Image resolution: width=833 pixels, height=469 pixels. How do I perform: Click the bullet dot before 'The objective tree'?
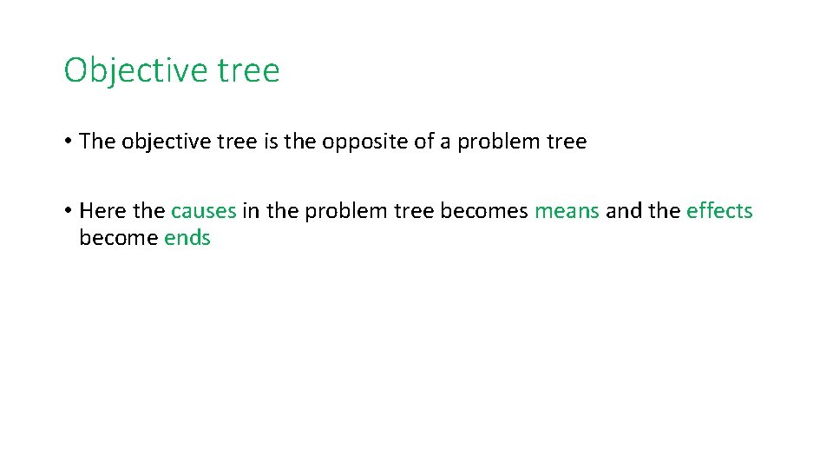67,142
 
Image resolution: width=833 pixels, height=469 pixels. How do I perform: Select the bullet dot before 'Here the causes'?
67,211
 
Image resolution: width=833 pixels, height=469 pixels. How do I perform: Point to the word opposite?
360,142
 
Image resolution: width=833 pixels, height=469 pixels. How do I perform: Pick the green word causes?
203,211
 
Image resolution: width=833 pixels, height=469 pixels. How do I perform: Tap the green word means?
567,211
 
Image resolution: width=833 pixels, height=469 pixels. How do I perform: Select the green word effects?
719,211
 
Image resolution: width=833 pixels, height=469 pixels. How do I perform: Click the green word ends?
187,238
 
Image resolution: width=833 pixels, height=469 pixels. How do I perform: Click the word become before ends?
118,238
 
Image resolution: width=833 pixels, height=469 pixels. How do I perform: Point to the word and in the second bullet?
622,211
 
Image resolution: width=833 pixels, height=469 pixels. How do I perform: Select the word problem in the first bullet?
491,142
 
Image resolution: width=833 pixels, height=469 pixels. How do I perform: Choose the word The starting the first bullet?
97,142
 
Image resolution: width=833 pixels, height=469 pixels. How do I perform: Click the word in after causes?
251,211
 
